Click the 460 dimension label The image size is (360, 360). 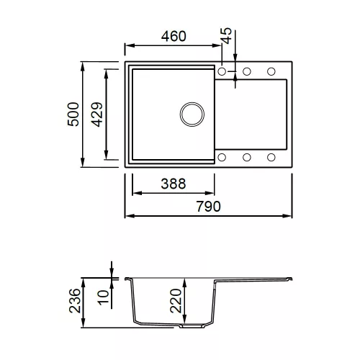(174, 36)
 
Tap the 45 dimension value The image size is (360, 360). (226, 36)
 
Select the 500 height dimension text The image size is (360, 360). (73, 114)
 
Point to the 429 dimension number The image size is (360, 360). (97, 114)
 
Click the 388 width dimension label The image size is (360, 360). (174, 184)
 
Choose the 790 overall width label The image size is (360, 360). (208, 207)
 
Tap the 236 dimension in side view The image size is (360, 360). (75, 301)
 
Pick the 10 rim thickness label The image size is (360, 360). (103, 297)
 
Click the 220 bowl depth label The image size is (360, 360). (176, 301)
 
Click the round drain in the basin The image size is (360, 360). (192, 114)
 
